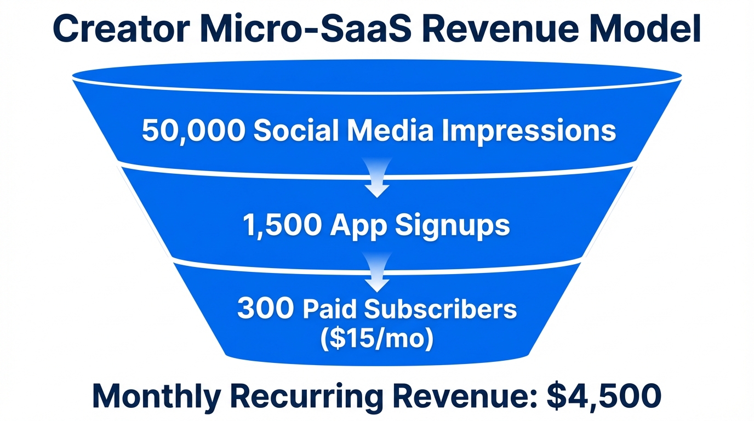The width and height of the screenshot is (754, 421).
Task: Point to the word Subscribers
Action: pos(440,309)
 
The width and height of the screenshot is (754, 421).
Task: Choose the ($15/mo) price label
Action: pos(377,338)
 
